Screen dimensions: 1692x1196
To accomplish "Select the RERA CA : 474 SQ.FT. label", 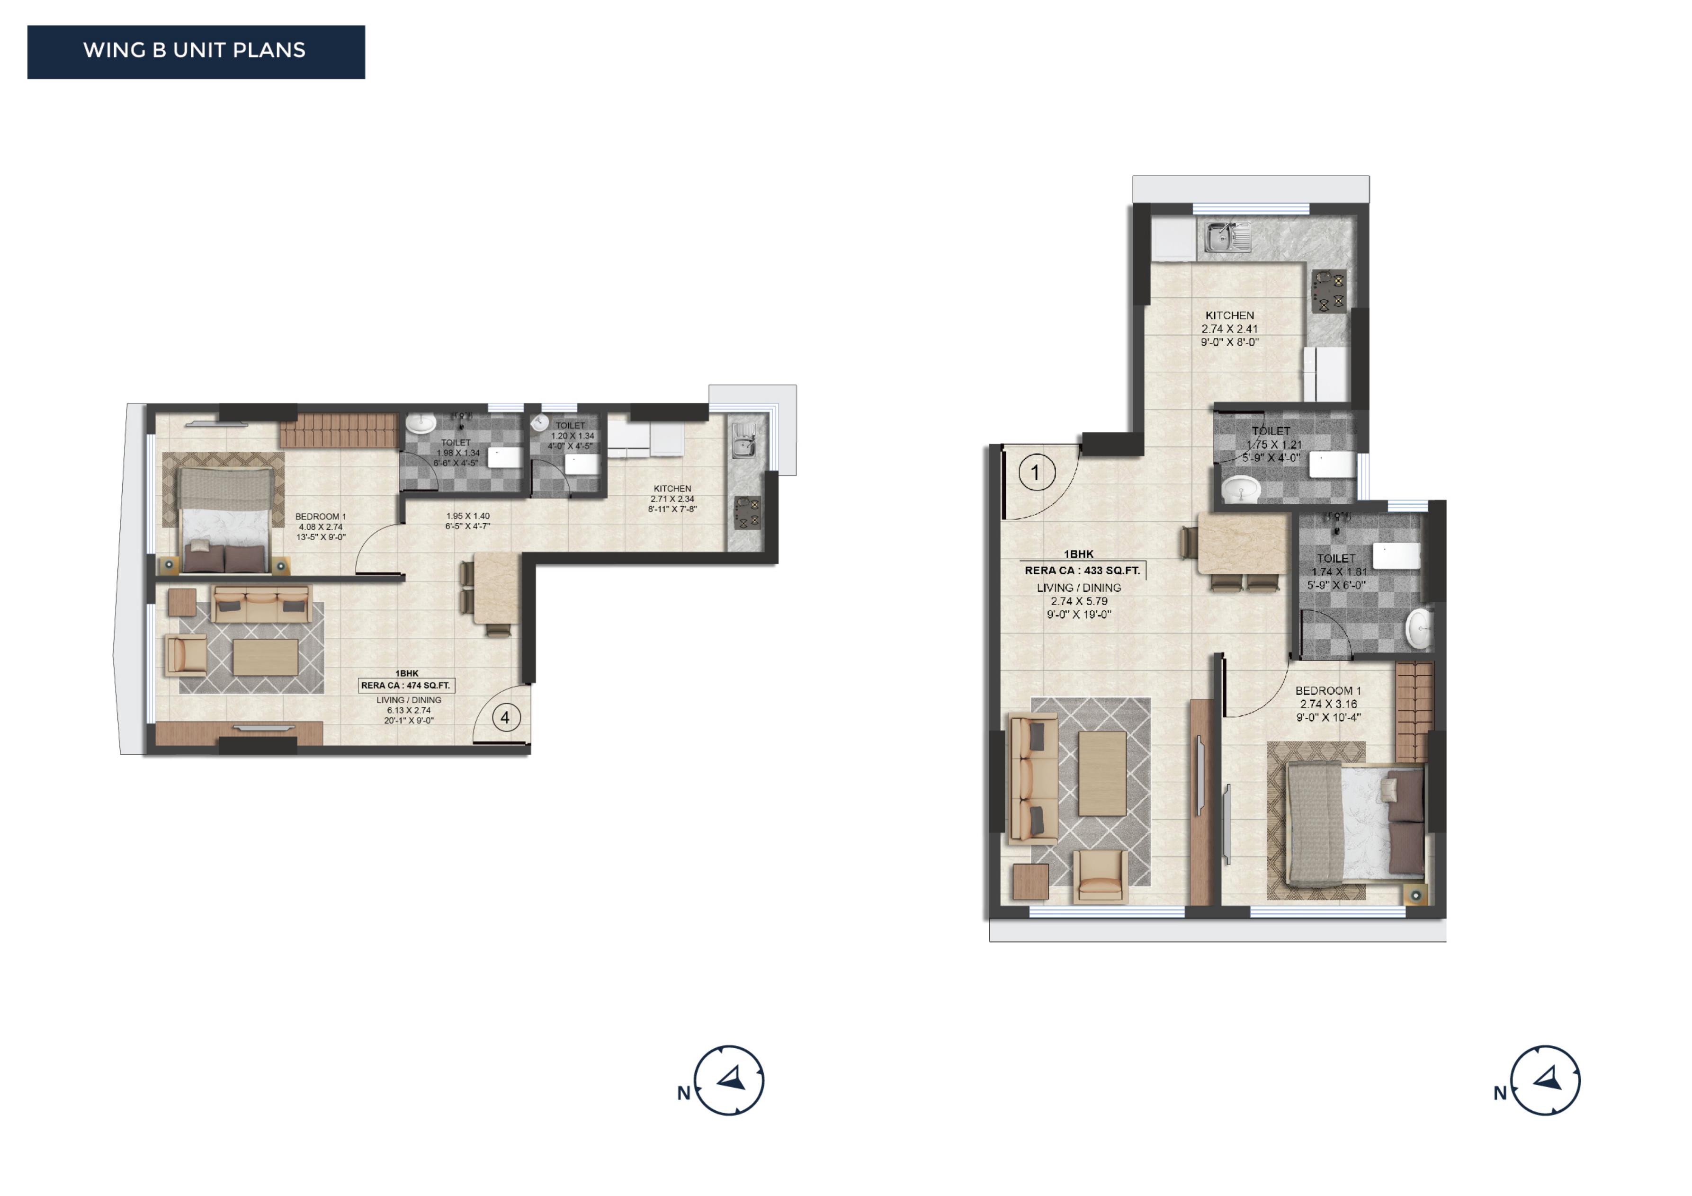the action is click(x=405, y=685).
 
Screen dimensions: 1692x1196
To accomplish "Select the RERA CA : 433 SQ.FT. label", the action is click(x=1083, y=571).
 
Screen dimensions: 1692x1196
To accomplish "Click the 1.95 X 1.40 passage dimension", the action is click(x=468, y=517).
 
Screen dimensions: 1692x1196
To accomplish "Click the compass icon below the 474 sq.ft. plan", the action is click(x=729, y=1080).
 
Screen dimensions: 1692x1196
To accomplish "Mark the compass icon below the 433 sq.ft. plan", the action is click(x=1545, y=1080).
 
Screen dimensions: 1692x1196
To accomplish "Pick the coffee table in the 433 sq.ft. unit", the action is click(x=1102, y=773).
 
